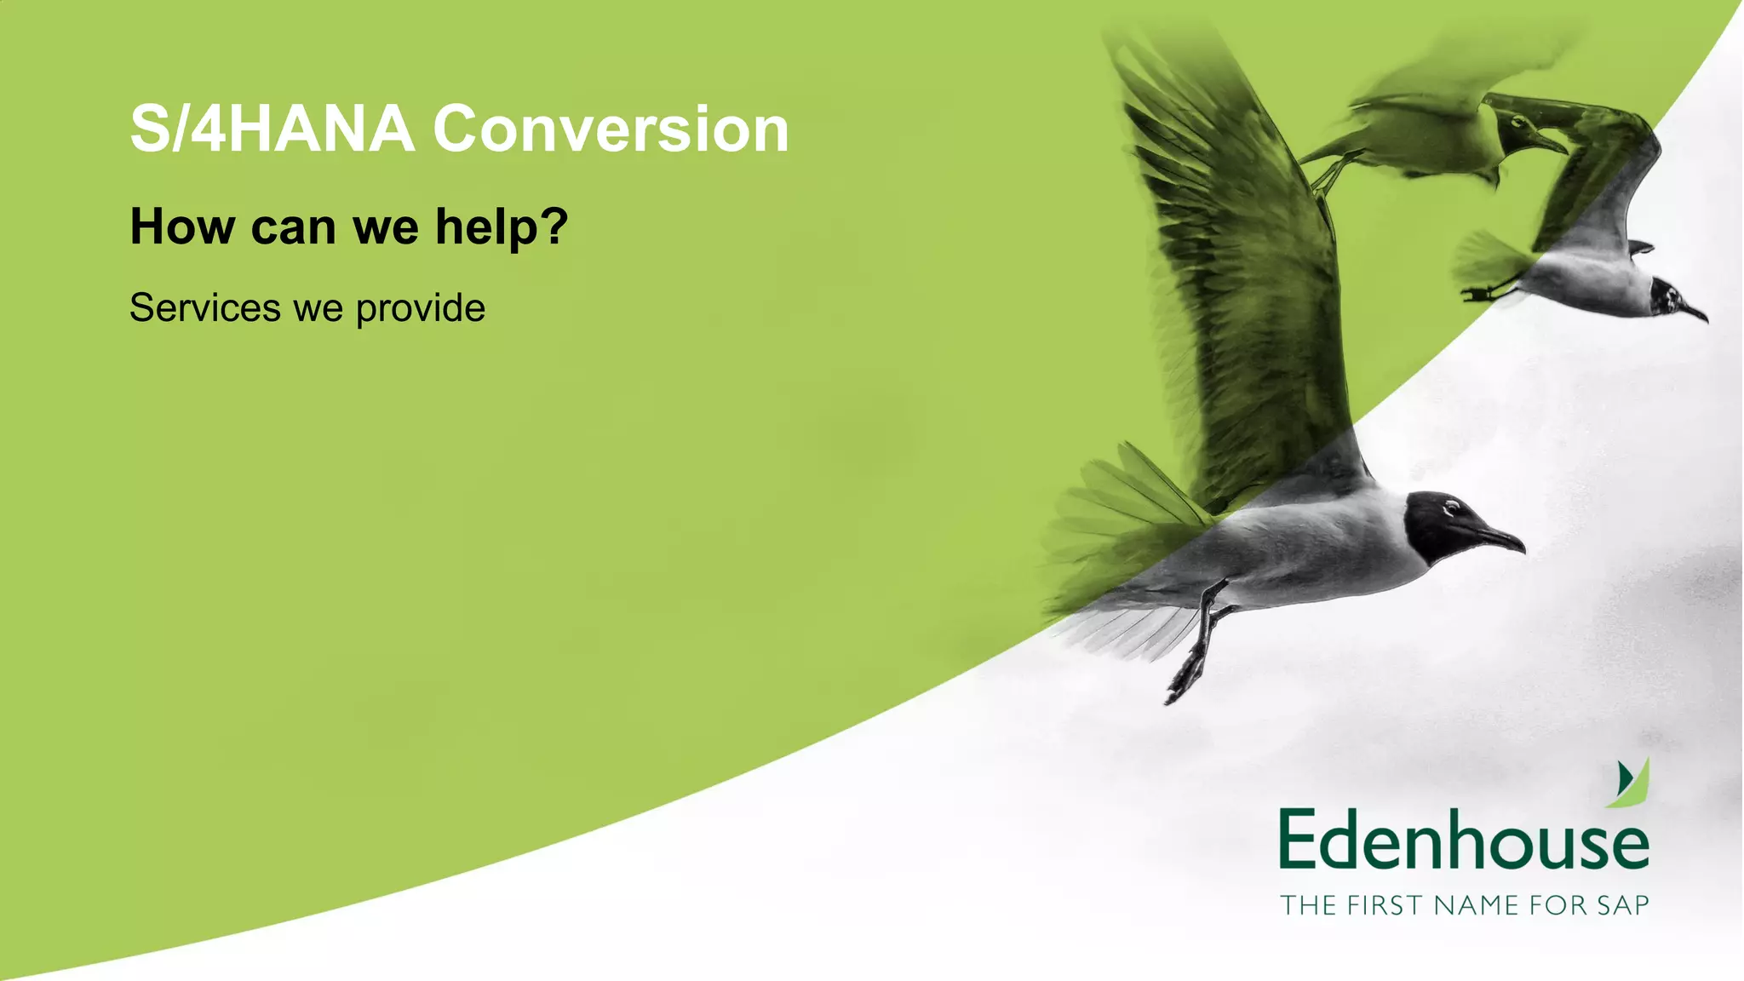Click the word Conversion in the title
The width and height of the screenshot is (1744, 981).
tap(611, 129)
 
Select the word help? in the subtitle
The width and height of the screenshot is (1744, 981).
tap(502, 227)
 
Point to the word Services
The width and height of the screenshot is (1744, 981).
tap(205, 307)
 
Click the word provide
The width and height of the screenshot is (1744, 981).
tap(421, 309)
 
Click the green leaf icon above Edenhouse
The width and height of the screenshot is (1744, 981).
tap(1631, 783)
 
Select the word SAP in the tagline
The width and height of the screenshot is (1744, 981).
tap(1622, 904)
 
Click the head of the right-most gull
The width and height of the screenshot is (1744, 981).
tap(1665, 295)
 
